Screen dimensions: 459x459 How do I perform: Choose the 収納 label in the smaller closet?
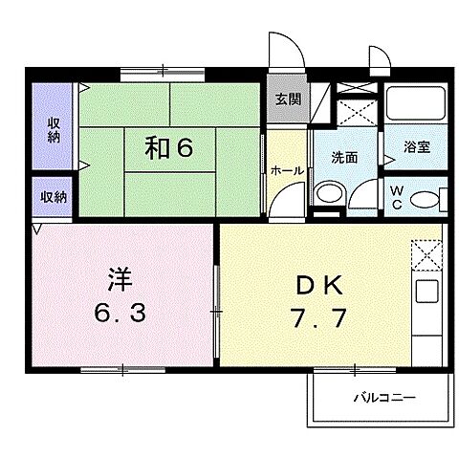click(54, 197)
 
